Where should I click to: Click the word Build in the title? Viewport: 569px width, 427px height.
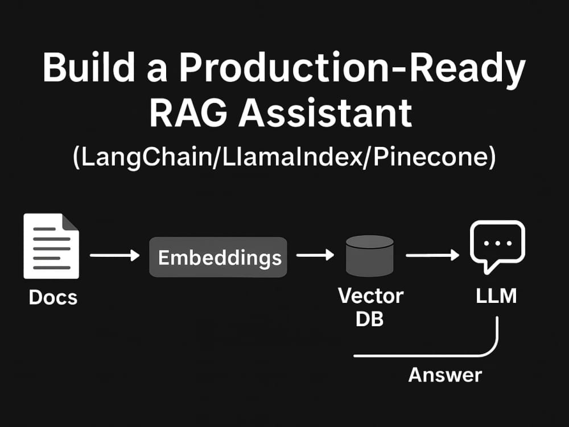[x=89, y=67]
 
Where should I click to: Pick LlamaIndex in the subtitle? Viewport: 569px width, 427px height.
[x=292, y=157]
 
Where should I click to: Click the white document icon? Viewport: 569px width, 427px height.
[x=51, y=246]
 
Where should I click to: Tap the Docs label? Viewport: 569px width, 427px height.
[x=53, y=297]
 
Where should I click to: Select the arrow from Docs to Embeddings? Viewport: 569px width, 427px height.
[x=115, y=255]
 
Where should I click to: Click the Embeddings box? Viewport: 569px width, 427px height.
[x=218, y=257]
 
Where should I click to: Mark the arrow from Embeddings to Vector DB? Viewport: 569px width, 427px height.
[x=315, y=255]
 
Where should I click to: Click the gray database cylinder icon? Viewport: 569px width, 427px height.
[x=370, y=256]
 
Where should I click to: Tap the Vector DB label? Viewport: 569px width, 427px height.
[x=370, y=307]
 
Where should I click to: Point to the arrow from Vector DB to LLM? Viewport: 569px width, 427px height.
[x=432, y=255]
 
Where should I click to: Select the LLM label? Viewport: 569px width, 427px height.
[x=496, y=296]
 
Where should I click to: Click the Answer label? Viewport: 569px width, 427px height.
[x=445, y=375]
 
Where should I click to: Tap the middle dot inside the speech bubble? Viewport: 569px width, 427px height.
[x=497, y=243]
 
